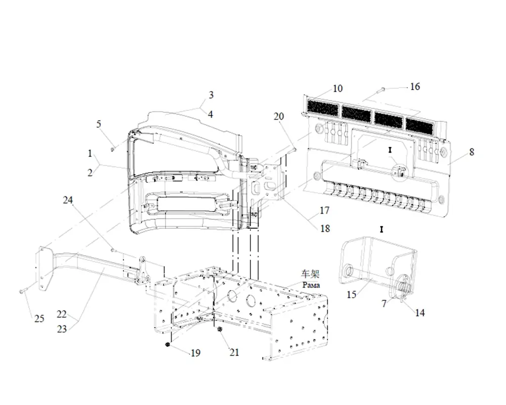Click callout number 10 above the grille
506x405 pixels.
pyautogui.click(x=338, y=89)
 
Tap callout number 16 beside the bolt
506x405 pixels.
pyautogui.click(x=415, y=87)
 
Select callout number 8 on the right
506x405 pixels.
pyautogui.click(x=472, y=151)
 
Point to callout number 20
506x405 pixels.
pyautogui.click(x=279, y=117)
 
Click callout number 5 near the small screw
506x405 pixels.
pyautogui.click(x=99, y=124)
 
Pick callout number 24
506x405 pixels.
pyautogui.click(x=68, y=200)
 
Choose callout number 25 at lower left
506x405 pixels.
pyautogui.click(x=39, y=318)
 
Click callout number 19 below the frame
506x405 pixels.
pyautogui.click(x=195, y=353)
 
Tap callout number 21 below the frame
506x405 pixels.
pyautogui.click(x=234, y=352)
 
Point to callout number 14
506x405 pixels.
pyautogui.click(x=419, y=312)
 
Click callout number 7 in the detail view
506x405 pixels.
pyautogui.click(x=384, y=303)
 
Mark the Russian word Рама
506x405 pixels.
pyautogui.click(x=311, y=285)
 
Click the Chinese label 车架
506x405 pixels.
pyautogui.click(x=311, y=275)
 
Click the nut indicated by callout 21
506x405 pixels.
pyautogui.click(x=221, y=330)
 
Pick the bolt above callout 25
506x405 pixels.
pyautogui.click(x=21, y=291)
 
